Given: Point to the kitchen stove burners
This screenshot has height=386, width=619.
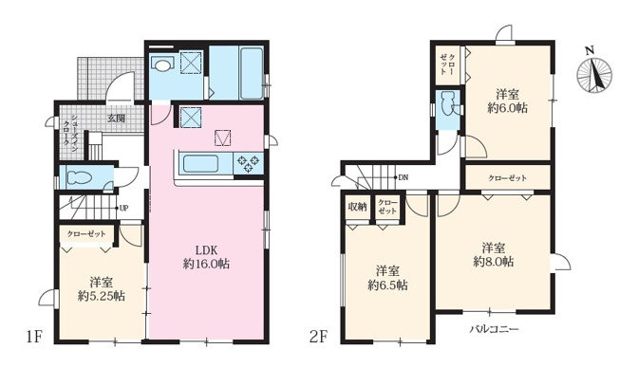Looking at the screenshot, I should tap(249, 163).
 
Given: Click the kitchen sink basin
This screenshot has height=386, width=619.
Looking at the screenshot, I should tap(201, 163).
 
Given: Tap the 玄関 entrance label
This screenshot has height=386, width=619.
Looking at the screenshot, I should tap(116, 118).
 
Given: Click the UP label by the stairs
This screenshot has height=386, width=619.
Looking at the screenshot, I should tap(123, 208).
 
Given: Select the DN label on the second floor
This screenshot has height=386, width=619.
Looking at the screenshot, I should tap(403, 177).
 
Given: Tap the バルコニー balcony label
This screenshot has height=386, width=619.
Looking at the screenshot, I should tap(492, 328).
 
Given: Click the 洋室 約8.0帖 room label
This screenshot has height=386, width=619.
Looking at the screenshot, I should tap(496, 252).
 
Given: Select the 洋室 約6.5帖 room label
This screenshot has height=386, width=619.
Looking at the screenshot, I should tap(389, 276).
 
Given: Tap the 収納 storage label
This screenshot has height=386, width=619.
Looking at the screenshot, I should tap(356, 205).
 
